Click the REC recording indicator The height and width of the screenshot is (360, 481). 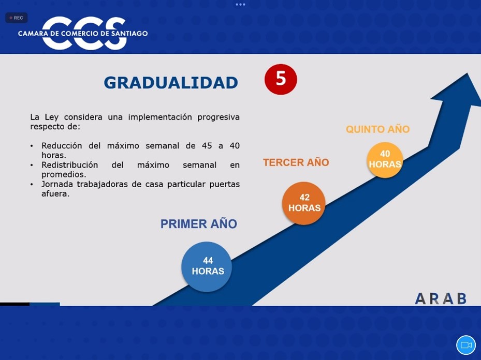17,18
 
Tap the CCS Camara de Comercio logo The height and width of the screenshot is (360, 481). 83,33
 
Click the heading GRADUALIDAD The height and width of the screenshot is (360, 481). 171,82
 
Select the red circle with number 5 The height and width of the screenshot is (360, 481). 281,79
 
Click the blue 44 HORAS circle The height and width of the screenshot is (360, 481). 207,266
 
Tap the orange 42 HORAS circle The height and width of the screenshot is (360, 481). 304,203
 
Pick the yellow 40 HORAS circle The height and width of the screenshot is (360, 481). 385,160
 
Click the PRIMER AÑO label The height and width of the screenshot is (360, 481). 199,224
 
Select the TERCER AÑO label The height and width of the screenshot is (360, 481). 296,162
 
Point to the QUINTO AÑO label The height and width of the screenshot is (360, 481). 377,129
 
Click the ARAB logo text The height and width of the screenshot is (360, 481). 441,298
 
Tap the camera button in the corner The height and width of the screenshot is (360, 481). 466,345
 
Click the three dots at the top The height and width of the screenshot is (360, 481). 240,5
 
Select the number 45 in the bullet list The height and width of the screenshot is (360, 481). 207,145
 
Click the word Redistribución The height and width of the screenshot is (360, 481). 69,165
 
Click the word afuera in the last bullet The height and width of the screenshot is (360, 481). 55,193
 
